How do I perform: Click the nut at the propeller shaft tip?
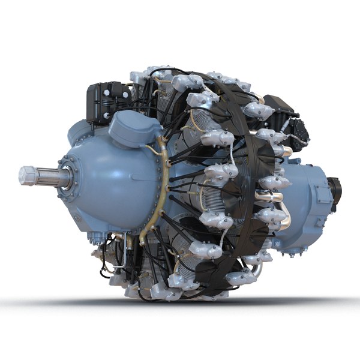25,175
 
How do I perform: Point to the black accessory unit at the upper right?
287,123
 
